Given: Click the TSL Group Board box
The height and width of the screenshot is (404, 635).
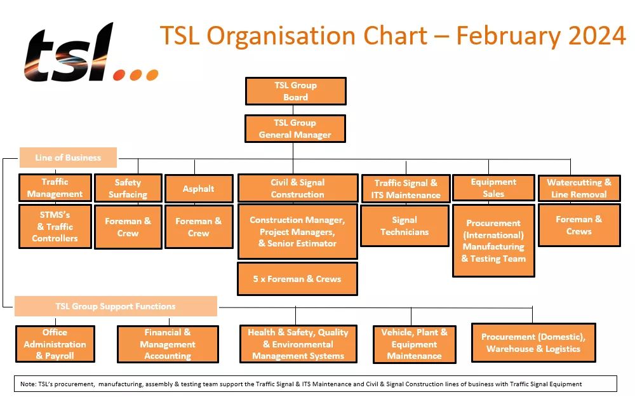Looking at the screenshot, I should (295, 91).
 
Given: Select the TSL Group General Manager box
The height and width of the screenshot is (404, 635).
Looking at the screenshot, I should (295, 128).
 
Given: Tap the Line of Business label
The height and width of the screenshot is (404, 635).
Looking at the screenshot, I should (68, 158).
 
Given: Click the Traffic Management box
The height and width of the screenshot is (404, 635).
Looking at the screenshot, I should (55, 188).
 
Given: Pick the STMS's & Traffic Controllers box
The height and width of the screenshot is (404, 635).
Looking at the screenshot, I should (55, 226).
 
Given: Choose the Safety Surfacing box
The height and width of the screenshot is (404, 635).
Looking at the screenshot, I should (128, 188).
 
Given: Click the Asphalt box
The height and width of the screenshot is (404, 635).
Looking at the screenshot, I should (198, 189).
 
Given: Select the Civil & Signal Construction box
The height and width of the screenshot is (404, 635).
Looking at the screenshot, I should (297, 189).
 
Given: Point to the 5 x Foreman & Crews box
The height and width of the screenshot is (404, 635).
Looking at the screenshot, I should (297, 279).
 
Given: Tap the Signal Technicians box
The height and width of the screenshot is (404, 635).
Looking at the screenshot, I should (404, 226).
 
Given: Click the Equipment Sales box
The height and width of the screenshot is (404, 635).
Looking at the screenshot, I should (493, 188).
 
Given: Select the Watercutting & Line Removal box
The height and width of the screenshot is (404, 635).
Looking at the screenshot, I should (578, 188).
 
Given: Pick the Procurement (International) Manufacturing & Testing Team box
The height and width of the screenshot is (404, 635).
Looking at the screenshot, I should (493, 241).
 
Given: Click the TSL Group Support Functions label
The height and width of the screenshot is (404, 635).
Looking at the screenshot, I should (116, 306).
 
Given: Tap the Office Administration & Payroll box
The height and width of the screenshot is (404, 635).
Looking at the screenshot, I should (55, 344).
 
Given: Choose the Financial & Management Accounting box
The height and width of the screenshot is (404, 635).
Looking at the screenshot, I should (168, 344).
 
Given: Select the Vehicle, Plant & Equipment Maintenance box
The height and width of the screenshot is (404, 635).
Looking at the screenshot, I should (414, 344).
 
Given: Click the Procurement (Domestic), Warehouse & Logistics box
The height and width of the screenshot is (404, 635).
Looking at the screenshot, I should (533, 342).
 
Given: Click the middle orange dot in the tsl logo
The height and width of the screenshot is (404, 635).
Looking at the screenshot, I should (135, 75).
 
